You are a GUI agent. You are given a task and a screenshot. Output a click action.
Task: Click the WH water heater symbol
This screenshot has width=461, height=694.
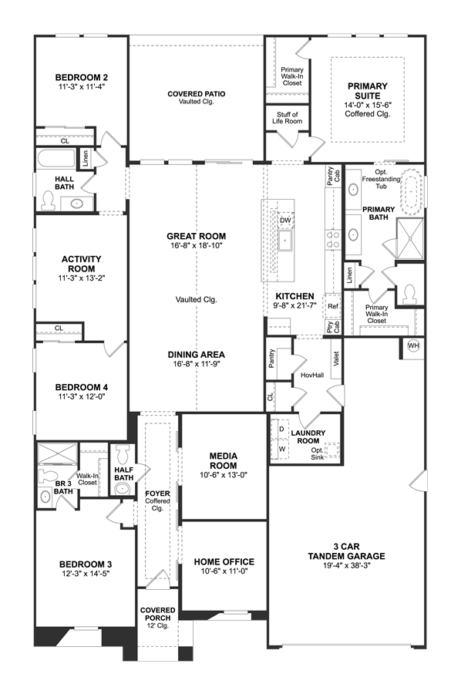tap(413, 345)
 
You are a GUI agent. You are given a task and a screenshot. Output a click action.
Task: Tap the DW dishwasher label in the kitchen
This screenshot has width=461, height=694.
tap(285, 221)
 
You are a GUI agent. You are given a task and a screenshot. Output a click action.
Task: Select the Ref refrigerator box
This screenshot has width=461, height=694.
tap(333, 306)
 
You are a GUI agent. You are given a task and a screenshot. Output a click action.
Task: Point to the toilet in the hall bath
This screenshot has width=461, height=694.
tap(47, 200)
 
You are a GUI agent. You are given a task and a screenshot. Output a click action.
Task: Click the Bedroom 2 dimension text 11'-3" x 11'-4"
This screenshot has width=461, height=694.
tap(82, 86)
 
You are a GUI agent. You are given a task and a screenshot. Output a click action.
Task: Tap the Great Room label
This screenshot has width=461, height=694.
tap(197, 237)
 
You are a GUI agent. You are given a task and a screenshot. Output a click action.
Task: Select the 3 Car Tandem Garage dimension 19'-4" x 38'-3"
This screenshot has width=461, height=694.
tap(347, 566)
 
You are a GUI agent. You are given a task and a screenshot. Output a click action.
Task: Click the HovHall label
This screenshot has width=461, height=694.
tap(312, 376)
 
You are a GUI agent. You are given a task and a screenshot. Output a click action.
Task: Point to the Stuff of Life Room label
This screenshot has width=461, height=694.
tap(287, 118)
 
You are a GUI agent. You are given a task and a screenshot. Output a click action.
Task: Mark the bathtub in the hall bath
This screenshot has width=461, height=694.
tap(56, 158)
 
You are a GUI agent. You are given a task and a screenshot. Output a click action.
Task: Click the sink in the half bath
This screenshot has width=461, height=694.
tap(123, 489)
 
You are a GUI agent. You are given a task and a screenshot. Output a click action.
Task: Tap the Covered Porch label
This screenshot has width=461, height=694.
tap(158, 614)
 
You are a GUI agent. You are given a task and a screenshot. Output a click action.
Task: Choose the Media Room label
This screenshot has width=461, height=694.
tap(224, 461)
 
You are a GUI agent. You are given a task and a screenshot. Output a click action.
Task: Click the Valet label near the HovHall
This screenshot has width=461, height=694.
tap(336, 358)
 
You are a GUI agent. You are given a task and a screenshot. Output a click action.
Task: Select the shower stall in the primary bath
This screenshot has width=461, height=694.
tap(410, 238)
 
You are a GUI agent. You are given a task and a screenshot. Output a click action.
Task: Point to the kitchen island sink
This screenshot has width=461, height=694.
tap(286, 241)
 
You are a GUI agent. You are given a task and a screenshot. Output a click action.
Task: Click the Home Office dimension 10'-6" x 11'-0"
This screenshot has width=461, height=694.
tap(224, 571)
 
